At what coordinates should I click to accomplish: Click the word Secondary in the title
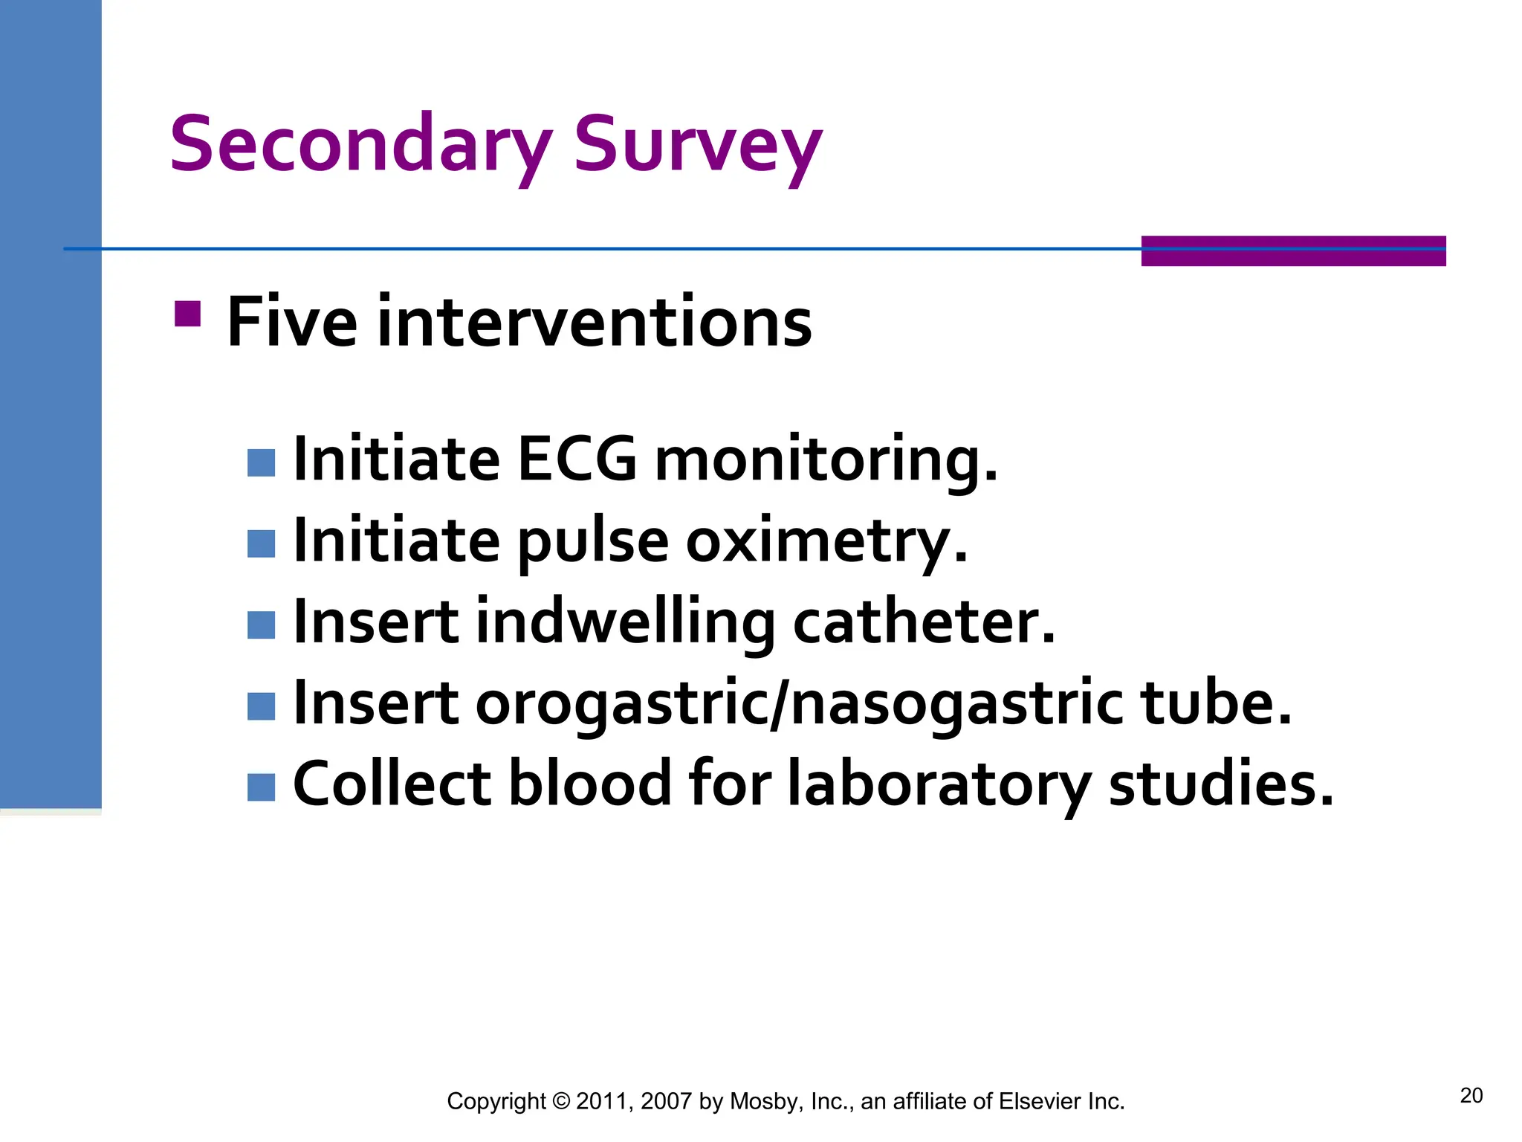coord(360,144)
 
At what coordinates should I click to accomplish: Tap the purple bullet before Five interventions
coord(187,314)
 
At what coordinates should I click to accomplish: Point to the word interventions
coord(594,322)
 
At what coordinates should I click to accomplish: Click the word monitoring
coord(826,459)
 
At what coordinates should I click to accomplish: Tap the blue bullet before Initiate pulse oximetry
coord(261,543)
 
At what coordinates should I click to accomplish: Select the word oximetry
coord(826,541)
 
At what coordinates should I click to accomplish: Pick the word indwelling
coord(625,622)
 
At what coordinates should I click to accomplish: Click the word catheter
coord(924,622)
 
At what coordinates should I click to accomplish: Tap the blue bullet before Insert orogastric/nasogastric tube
coord(261,706)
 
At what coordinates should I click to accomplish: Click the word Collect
coord(392,784)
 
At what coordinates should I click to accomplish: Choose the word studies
coord(1220,784)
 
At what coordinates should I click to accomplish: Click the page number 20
coord(1471,1095)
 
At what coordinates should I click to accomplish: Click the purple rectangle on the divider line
coord(1293,251)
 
